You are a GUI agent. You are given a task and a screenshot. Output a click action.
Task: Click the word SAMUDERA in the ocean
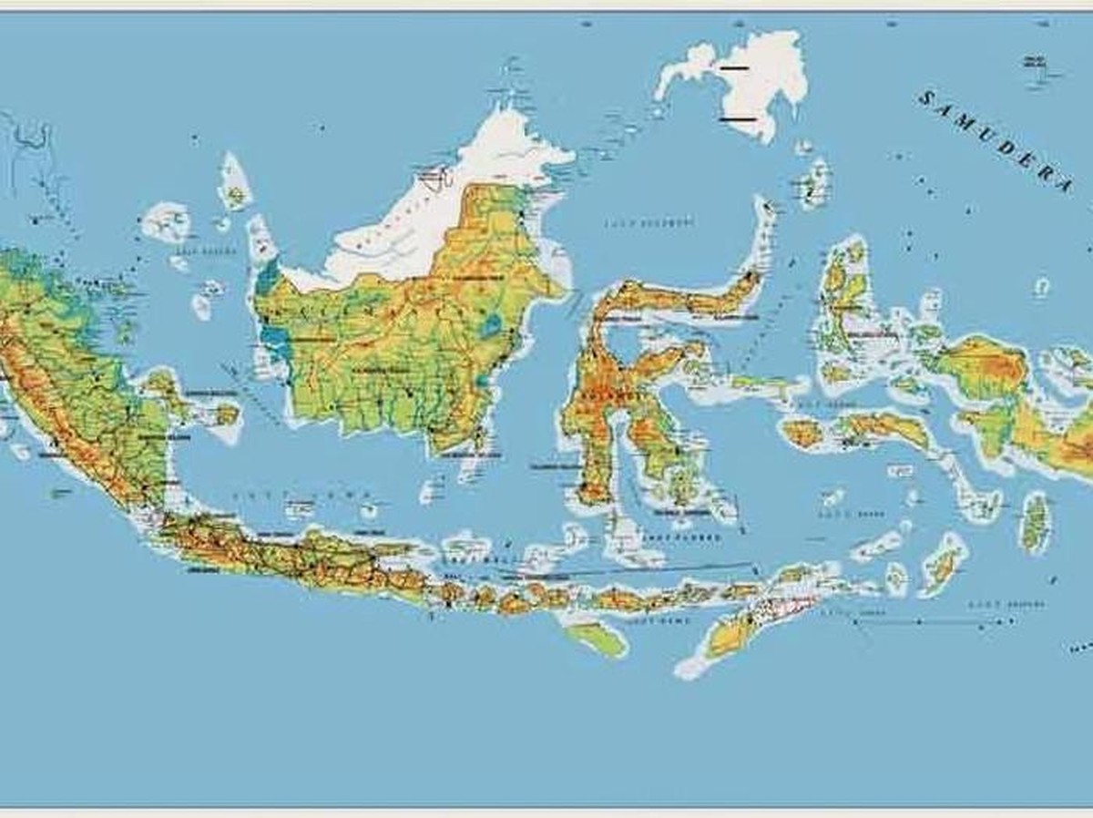click(997, 141)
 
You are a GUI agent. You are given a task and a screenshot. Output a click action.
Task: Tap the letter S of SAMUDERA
click(926, 97)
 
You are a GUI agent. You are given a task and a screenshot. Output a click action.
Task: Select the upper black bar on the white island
click(733, 67)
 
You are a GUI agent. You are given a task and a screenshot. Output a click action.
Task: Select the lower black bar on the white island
click(738, 118)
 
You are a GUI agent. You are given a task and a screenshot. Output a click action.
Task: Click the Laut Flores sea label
click(694, 537)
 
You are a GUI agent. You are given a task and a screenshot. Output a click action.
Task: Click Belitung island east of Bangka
click(223, 414)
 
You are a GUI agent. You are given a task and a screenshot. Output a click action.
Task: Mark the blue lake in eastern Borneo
click(493, 324)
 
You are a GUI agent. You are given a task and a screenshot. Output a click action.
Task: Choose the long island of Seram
click(884, 428)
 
